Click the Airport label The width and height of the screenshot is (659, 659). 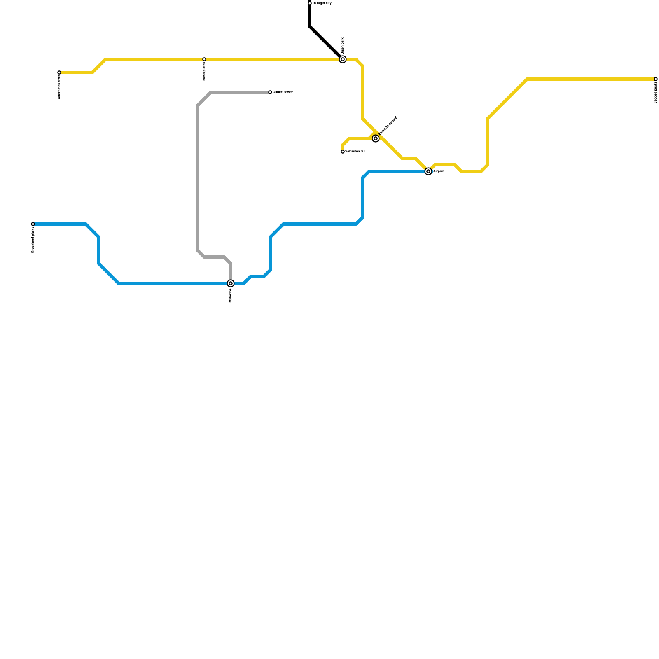(x=439, y=171)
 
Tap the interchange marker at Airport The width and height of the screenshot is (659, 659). (x=428, y=171)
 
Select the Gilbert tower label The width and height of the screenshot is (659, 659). (x=283, y=92)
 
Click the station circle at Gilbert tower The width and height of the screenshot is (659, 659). (x=270, y=92)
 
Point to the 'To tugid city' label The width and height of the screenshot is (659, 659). (x=322, y=3)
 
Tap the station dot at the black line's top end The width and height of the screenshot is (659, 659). (x=310, y=3)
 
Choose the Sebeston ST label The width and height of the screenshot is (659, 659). (x=355, y=152)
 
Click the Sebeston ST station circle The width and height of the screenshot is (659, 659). (x=343, y=152)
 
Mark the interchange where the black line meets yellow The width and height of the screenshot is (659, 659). (x=343, y=59)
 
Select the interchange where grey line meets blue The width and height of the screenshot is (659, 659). (x=231, y=283)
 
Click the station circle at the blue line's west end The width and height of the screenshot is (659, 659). (x=33, y=224)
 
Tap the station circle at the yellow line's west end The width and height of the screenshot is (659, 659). (x=59, y=72)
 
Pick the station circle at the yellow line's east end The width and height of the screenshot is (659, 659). (x=656, y=79)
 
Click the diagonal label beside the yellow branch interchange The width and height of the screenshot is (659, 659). (x=388, y=125)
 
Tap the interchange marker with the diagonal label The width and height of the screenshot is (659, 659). (x=376, y=138)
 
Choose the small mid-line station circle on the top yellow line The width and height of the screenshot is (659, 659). (x=204, y=59)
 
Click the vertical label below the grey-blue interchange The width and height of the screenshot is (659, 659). (x=231, y=295)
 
